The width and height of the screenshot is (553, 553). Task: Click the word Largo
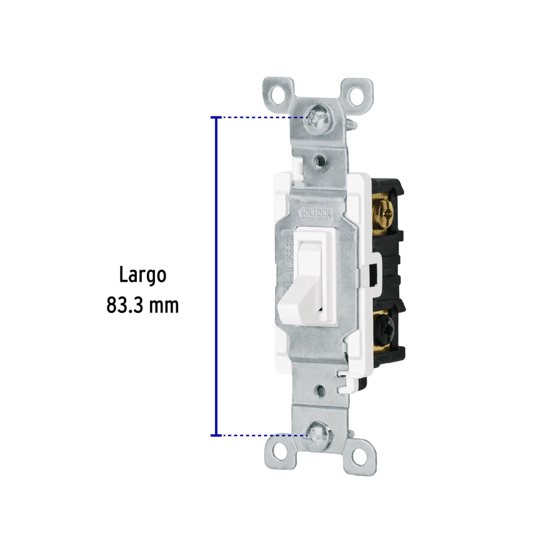(142, 275)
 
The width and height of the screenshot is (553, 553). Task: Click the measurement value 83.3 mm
(142, 306)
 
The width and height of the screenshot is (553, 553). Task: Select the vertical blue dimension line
(216, 275)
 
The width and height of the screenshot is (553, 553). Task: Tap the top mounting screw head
(315, 118)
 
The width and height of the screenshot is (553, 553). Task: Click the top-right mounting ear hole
(358, 97)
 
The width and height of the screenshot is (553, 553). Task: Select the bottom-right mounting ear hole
(359, 456)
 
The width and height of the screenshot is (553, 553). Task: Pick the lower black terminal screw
(384, 325)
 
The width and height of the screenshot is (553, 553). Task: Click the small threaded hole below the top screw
(320, 159)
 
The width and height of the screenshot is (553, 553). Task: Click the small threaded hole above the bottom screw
(319, 392)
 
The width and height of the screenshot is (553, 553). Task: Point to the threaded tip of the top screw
(353, 125)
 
